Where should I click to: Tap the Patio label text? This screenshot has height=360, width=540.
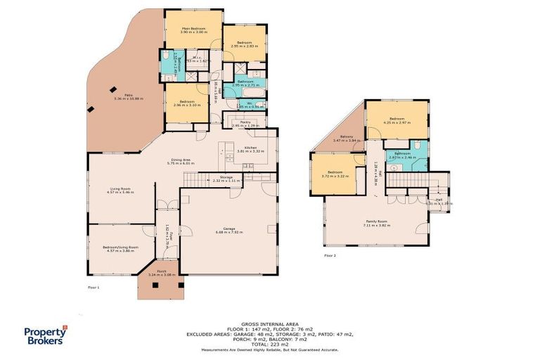(129, 95)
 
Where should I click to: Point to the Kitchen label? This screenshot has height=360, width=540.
(250, 148)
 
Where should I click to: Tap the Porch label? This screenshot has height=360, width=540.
(161, 271)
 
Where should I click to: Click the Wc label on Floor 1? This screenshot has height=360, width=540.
(239, 103)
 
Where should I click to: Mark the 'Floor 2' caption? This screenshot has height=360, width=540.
(330, 255)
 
